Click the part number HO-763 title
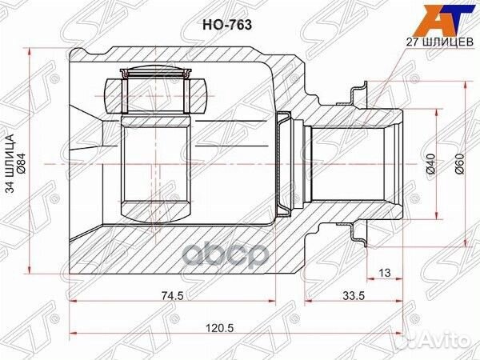(232, 25)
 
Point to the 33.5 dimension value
(349, 294)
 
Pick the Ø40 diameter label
(430, 163)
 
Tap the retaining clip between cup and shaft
(283, 163)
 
